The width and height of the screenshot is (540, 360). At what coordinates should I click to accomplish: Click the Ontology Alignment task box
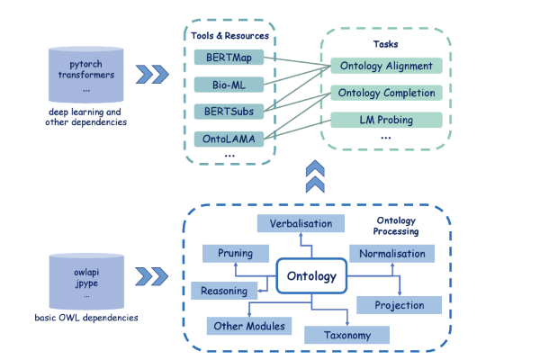[387, 66]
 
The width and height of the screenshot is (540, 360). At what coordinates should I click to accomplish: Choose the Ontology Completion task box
[387, 93]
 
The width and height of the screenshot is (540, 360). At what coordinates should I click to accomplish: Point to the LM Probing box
[387, 120]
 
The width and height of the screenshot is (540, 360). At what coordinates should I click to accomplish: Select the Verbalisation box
[296, 223]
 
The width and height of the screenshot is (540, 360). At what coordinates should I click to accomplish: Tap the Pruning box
[235, 254]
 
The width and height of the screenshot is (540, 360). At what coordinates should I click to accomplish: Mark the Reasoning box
[223, 291]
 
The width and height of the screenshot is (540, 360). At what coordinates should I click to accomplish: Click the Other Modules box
[248, 325]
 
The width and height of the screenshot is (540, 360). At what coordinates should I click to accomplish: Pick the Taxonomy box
[347, 335]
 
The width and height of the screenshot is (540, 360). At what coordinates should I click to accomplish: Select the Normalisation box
[391, 254]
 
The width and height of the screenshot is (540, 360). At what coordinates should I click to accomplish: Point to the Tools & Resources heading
[230, 36]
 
